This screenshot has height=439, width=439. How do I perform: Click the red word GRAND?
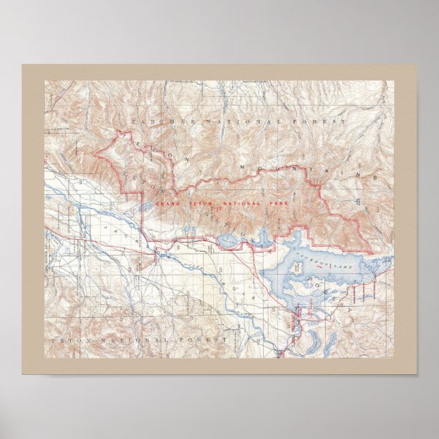pos(167,204)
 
